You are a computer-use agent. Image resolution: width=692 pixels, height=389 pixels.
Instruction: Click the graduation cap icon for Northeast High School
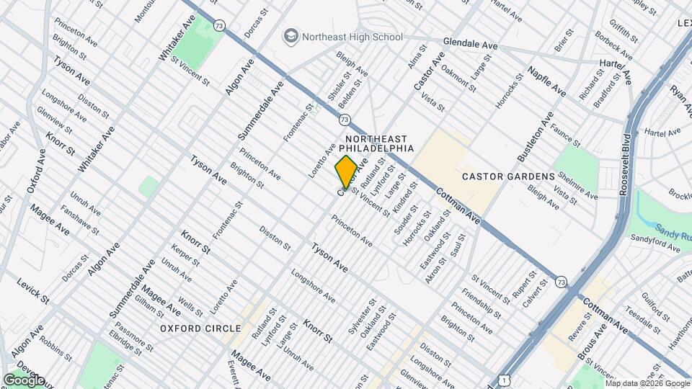point(290,36)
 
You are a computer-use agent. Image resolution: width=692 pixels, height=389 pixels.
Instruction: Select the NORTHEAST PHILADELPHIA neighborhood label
point(376,143)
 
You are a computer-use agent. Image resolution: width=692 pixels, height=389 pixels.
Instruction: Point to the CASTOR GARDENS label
point(508,176)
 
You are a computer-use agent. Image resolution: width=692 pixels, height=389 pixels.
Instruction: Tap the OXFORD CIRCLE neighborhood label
point(190,328)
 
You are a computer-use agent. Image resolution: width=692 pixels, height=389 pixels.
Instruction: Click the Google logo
point(24,380)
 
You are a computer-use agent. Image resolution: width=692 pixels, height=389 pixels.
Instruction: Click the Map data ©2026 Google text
point(647,383)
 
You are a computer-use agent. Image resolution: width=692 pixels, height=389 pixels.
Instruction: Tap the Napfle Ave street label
point(546,81)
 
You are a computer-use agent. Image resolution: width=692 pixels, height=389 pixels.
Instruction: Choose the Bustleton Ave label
point(534,137)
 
